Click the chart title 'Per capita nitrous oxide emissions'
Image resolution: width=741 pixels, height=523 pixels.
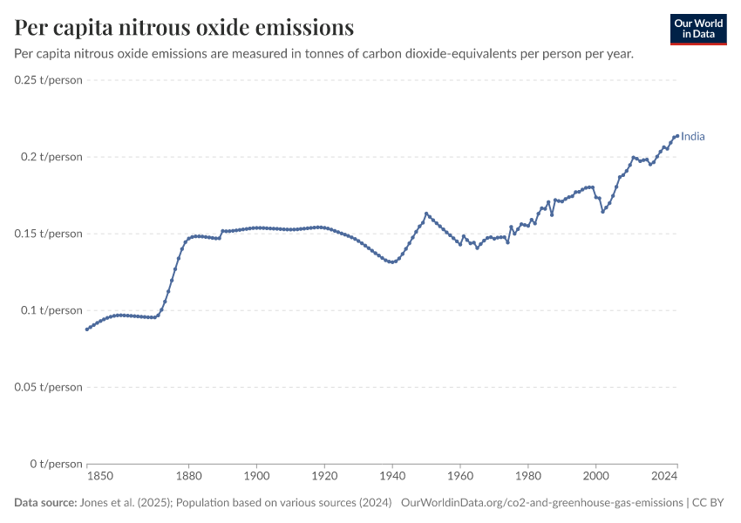[184, 27]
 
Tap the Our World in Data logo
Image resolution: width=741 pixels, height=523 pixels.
[698, 30]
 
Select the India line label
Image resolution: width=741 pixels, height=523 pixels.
[693, 137]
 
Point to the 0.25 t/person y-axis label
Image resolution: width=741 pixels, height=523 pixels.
[48, 80]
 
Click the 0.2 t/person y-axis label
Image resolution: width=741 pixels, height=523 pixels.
[51, 157]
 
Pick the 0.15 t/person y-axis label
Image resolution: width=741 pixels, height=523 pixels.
[48, 234]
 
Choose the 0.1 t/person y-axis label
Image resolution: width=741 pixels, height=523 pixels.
[51, 310]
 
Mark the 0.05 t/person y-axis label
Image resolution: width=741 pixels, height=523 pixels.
[48, 387]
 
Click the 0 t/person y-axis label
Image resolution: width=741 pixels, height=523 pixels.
[57, 464]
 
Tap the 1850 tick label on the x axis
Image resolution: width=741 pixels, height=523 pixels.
[100, 476]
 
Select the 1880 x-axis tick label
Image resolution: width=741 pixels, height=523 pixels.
[188, 476]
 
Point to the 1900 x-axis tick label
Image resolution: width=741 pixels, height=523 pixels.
[256, 476]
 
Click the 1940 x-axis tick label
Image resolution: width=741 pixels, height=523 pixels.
[392, 476]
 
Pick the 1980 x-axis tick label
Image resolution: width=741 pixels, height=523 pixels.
[528, 476]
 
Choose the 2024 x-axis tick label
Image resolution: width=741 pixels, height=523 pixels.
[664, 476]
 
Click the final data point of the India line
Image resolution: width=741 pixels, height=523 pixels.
[677, 136]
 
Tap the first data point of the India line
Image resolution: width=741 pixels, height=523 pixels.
[87, 329]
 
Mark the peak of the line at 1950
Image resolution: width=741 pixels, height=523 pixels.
[426, 214]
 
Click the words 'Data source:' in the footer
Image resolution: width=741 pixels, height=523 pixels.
[45, 503]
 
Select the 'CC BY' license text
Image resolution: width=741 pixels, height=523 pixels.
[708, 503]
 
